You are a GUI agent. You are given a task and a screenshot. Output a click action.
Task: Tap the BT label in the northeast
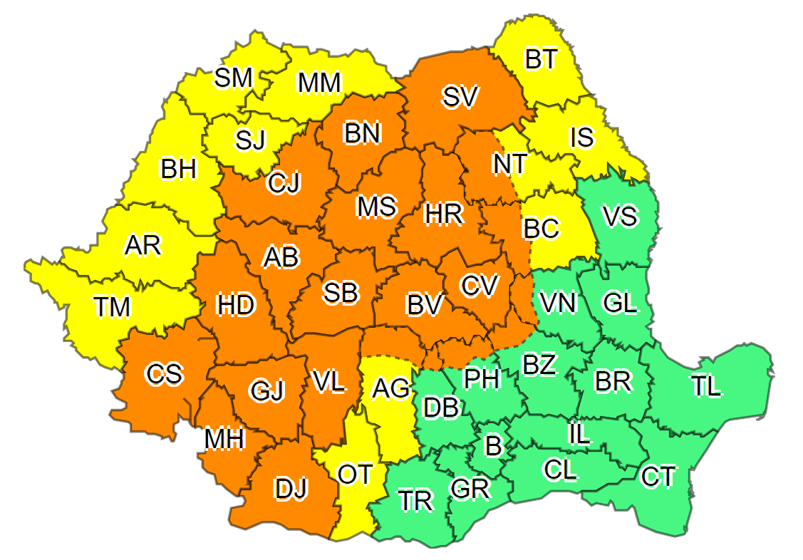[541, 60]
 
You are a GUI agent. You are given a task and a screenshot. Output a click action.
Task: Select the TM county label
[113, 307]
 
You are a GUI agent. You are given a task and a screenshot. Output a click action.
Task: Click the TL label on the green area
[705, 386]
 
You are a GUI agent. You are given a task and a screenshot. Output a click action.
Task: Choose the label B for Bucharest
[492, 447]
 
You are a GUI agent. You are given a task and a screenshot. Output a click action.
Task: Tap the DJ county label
[291, 489]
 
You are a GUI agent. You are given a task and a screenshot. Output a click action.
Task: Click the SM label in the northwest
[234, 78]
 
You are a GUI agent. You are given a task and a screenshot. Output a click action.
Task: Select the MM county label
[320, 83]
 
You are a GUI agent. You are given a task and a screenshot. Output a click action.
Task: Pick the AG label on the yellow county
[391, 388]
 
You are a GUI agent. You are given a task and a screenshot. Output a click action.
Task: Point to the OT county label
[354, 474]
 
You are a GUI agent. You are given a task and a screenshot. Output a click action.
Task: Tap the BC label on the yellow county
[542, 229]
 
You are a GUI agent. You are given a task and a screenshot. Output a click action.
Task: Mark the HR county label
[442, 213]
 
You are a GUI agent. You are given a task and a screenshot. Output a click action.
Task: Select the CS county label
[164, 374]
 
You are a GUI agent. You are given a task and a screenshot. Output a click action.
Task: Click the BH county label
[178, 170]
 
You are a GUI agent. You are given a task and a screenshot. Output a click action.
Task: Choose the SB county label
[340, 293]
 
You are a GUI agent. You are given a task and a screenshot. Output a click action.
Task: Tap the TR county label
[415, 501]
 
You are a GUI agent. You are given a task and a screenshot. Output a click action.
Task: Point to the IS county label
[581, 137]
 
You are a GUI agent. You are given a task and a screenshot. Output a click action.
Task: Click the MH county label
[224, 439]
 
